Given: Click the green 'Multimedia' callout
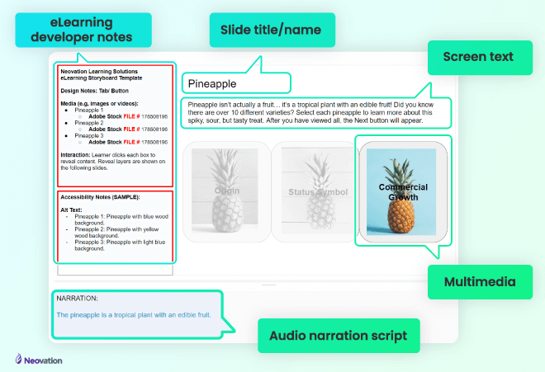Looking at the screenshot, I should click(x=479, y=281).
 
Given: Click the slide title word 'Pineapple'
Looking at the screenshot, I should click(x=212, y=83).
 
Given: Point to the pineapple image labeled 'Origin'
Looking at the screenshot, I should click(x=226, y=191).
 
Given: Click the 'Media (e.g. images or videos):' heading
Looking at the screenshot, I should click(x=102, y=102).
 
